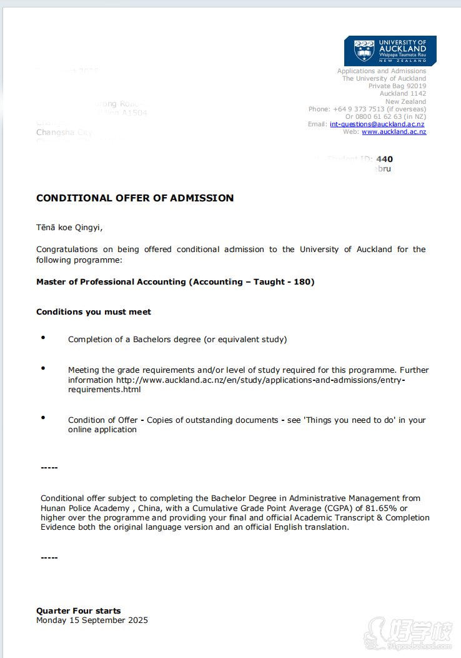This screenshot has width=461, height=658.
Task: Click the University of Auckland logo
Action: coord(390,50)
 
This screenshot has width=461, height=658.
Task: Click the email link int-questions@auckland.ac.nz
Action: coord(377,124)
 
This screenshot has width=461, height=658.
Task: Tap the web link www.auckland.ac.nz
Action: coord(394,132)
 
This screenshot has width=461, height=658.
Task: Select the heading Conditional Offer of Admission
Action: coord(135,198)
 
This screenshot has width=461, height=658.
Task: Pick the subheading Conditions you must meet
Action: coord(94,312)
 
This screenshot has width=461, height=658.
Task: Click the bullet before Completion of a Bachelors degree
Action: coord(43,338)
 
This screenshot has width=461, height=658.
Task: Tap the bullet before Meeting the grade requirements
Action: coord(43,368)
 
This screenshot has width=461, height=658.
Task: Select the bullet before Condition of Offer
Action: coord(43,417)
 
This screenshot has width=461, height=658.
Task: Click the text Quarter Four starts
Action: coord(79,611)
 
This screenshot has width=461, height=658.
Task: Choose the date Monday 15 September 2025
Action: coord(92,620)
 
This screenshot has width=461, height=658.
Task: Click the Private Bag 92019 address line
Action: coord(397,86)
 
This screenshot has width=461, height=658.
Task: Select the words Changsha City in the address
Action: coord(64,133)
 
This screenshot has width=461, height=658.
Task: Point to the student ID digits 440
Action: coord(384,159)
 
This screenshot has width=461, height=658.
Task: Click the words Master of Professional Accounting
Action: coord(112,282)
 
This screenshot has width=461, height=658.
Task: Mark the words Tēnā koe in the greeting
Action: coord(51,228)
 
